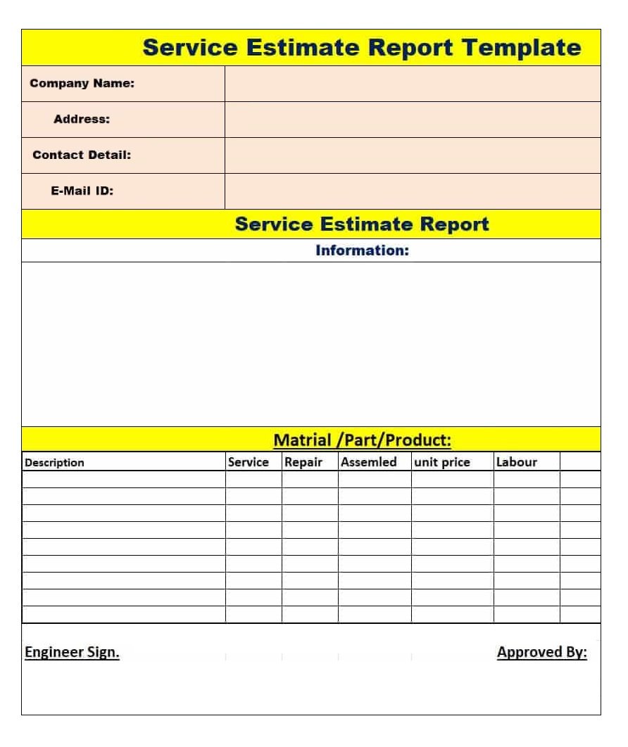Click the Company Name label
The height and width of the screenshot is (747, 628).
coord(82,84)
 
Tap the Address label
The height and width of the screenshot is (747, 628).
coord(82,120)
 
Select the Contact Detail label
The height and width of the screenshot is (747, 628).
coord(82,155)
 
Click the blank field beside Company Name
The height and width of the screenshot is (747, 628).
coord(413,84)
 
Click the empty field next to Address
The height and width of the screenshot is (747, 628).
coord(413,120)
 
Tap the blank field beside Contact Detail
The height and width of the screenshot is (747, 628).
coord(413,155)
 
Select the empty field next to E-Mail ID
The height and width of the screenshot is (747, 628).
coord(413,191)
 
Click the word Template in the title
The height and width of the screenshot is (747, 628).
coord(522,48)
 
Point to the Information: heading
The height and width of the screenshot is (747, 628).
coord(362,250)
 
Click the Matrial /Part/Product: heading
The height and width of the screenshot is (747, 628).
coord(362,440)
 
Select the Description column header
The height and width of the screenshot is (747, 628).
coord(54,463)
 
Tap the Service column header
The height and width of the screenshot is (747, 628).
coord(248,462)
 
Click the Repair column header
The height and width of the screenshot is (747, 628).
coord(303,462)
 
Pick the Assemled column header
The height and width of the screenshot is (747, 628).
coord(369,462)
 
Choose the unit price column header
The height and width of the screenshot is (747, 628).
coord(441,462)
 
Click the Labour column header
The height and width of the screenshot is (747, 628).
coord(516,462)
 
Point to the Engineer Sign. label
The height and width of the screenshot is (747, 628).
coord(72,653)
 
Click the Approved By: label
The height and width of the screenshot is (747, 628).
coord(541,653)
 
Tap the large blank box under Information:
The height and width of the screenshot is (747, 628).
coord(311,344)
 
